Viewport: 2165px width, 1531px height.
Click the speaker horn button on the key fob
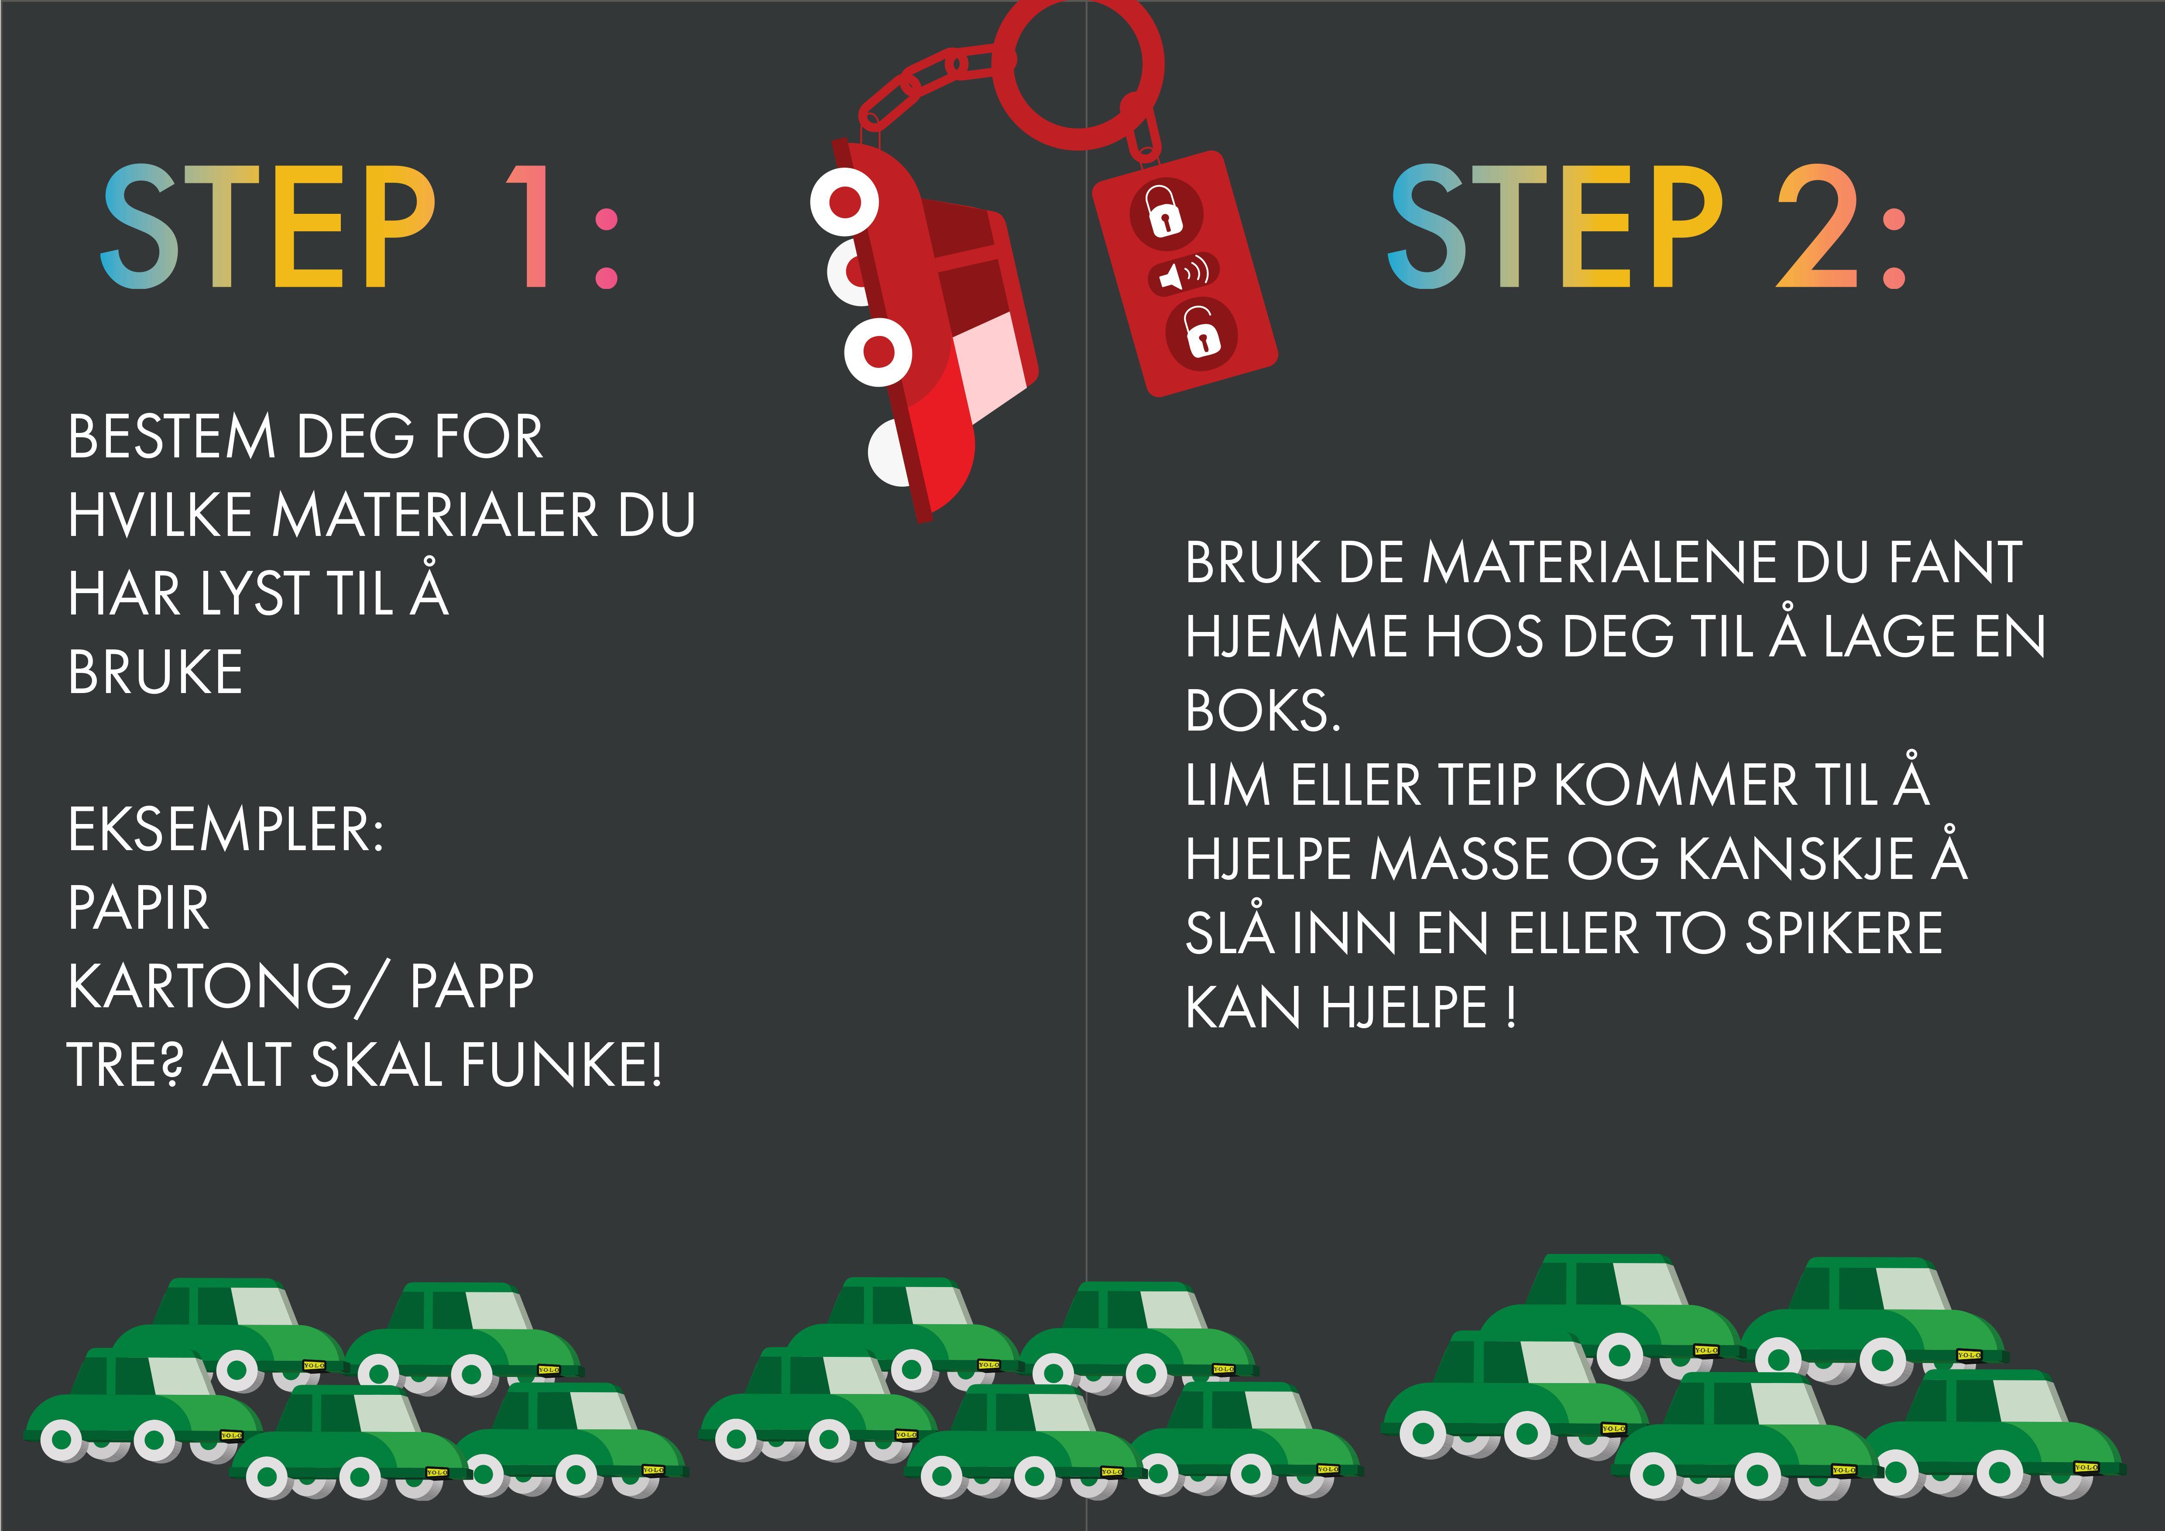[1184, 273]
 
